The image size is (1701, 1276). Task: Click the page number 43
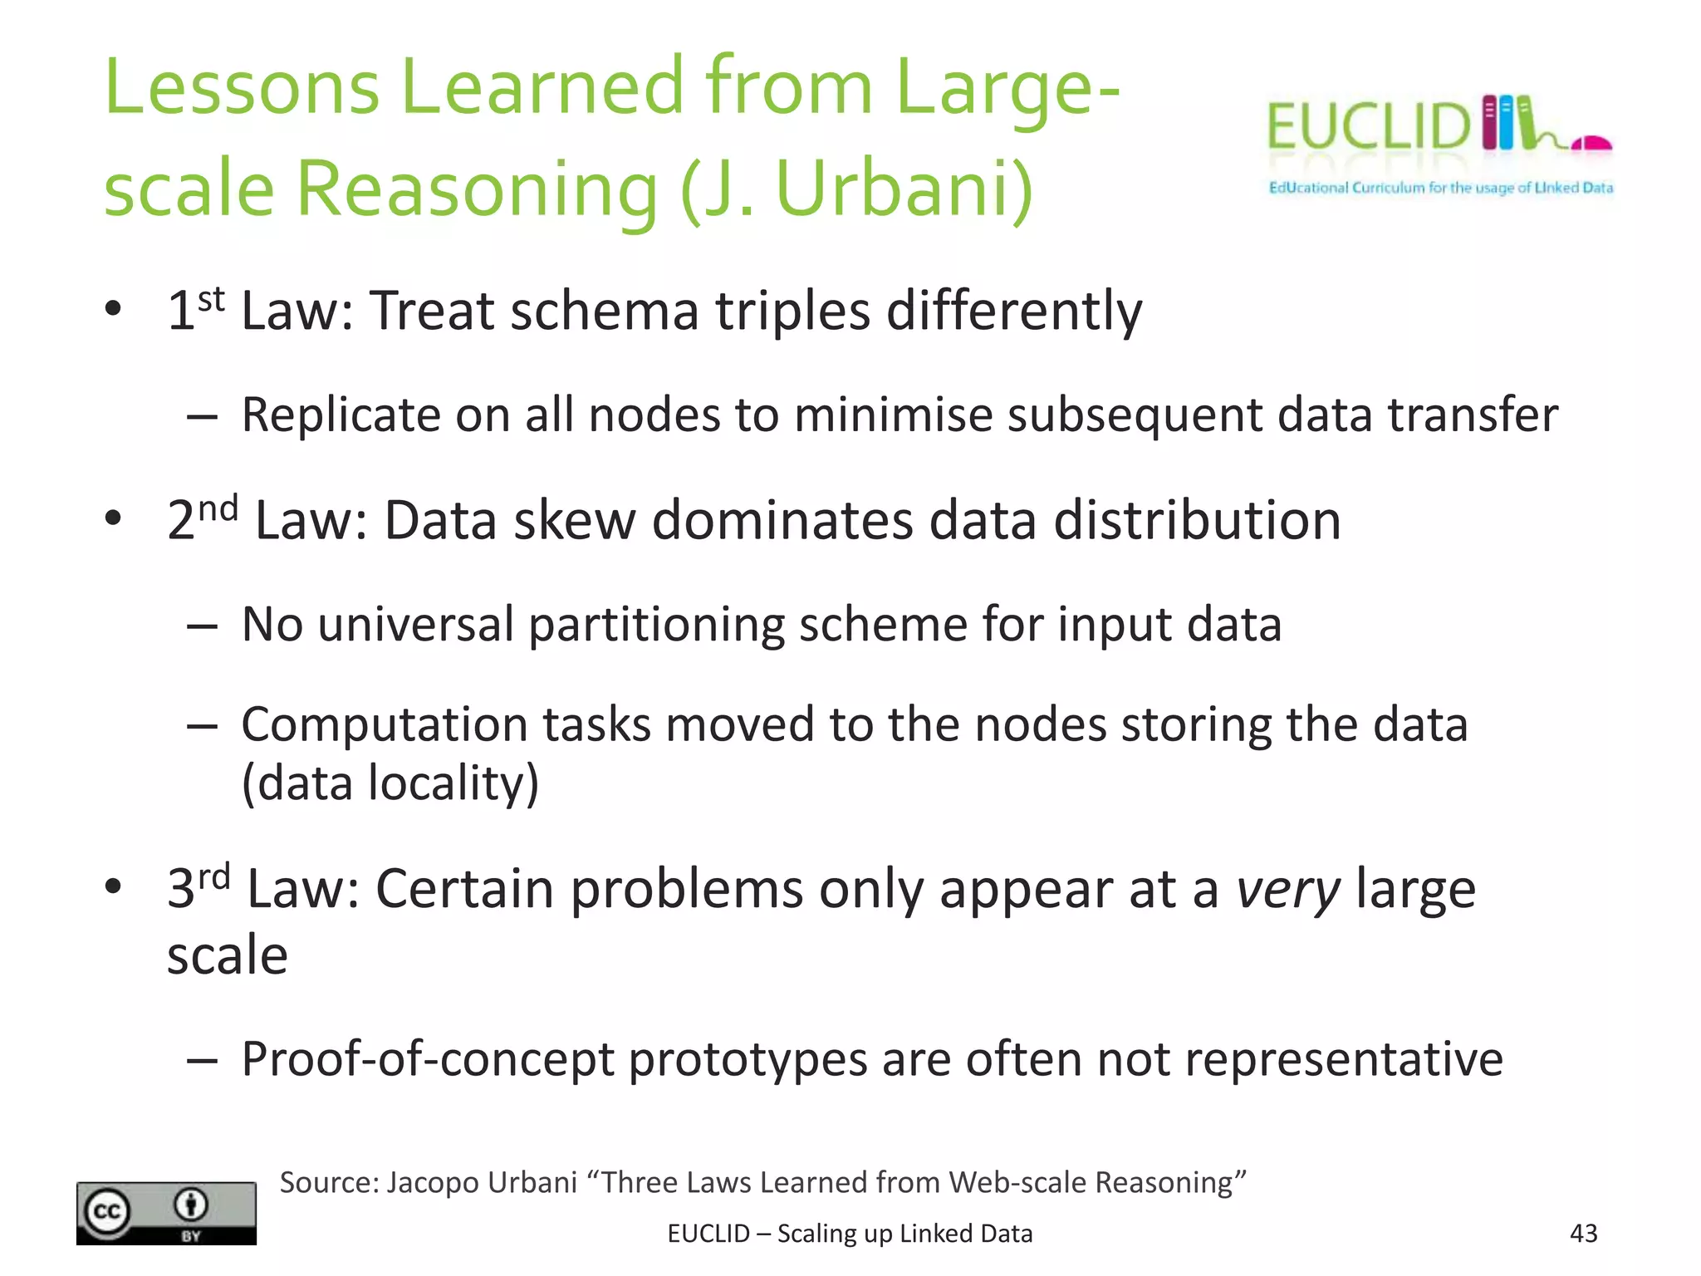(1583, 1233)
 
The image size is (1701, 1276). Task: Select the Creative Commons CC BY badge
(166, 1213)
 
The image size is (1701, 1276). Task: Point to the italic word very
(1288, 890)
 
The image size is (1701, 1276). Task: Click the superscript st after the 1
(211, 299)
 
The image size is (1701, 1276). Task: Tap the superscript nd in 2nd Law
(218, 508)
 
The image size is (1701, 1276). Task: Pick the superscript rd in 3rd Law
(213, 876)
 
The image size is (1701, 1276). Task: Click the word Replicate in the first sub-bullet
(341, 415)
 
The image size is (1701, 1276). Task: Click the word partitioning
(656, 625)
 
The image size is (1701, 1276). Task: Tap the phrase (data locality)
(390, 783)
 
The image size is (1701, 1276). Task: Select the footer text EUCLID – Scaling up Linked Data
(850, 1234)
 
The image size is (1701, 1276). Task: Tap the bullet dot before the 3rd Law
(113, 886)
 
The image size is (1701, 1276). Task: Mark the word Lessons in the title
(242, 87)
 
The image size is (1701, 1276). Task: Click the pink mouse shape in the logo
(1591, 144)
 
